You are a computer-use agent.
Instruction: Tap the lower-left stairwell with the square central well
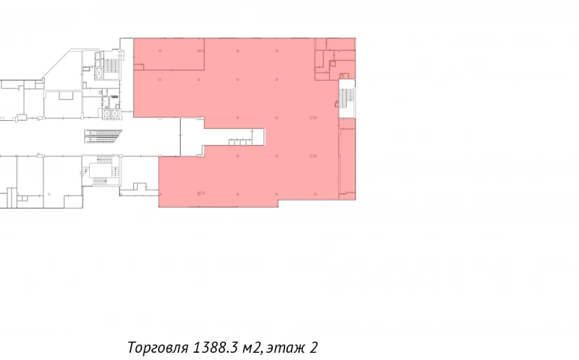coord(99,171)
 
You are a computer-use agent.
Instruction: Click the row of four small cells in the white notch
coord(240,141)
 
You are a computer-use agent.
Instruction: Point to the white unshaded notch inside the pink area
coord(217,135)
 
